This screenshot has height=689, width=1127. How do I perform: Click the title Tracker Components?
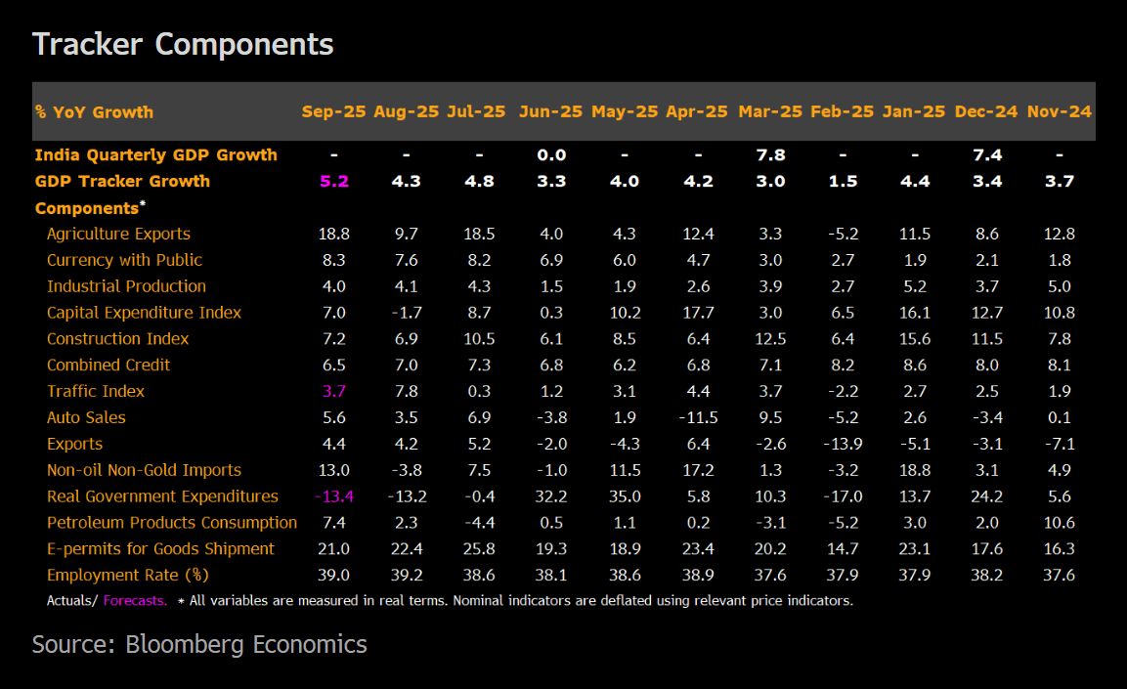pos(183,44)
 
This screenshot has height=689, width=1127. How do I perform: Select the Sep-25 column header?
pos(334,111)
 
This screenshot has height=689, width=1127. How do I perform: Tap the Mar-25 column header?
pos(770,111)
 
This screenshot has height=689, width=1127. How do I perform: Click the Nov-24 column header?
pos(1060,111)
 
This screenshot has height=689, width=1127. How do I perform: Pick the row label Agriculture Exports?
pos(118,234)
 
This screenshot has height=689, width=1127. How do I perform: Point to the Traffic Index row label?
pos(96,391)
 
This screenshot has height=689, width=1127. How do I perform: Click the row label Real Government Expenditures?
pos(162,496)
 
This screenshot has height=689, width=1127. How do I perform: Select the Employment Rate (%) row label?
pos(128,575)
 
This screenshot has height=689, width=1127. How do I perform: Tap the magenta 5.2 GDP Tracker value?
pos(334,181)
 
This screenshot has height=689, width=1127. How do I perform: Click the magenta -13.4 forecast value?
pos(334,496)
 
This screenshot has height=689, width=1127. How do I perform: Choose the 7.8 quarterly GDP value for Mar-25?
pos(770,154)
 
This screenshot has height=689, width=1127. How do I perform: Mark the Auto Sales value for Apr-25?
pos(697,417)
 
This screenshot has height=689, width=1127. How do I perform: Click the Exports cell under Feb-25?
pos(842,444)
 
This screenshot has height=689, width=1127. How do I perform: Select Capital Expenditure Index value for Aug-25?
pos(406,313)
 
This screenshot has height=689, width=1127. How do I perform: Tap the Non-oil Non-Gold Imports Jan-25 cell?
pos(914,470)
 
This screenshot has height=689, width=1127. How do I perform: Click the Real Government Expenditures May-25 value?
pos(625,496)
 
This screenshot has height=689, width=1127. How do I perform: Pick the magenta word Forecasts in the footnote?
pos(135,601)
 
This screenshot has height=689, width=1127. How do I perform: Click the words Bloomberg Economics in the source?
pos(246,645)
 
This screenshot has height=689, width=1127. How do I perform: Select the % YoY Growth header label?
pos(94,111)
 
